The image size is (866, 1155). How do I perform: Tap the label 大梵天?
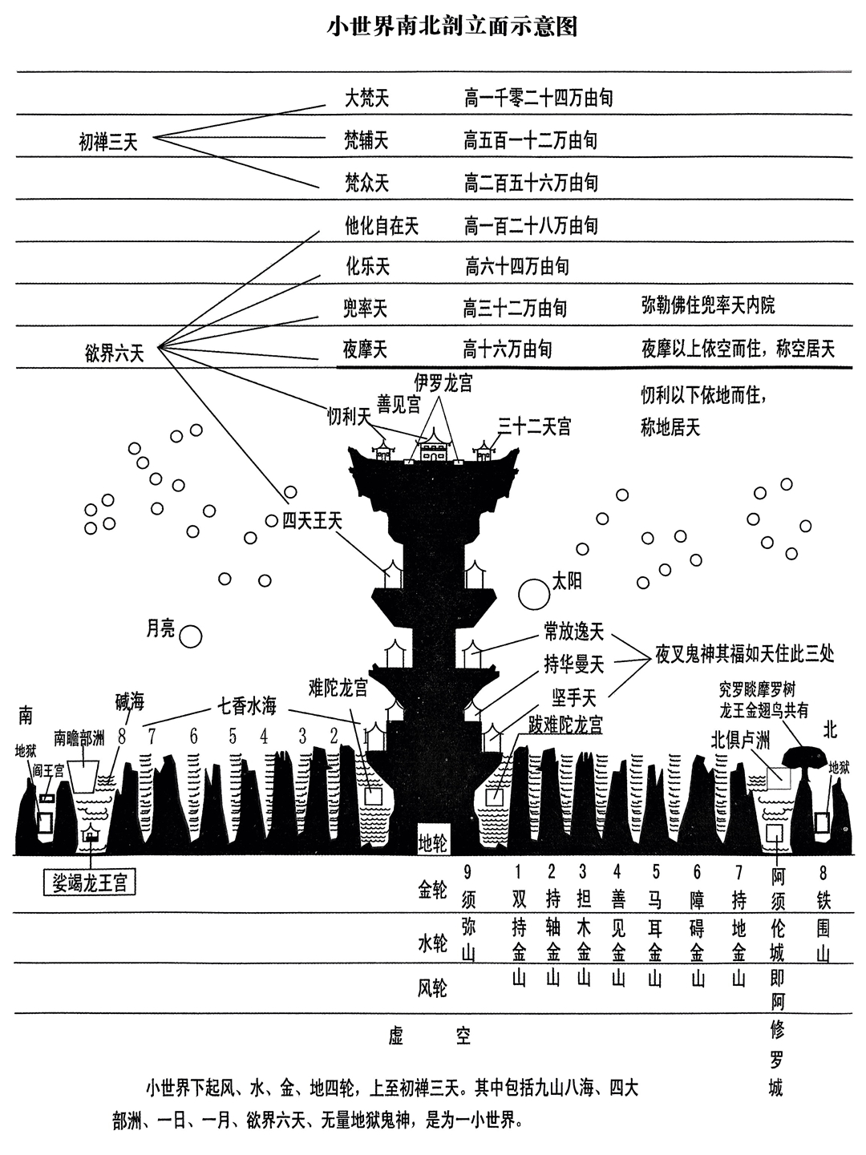click(366, 99)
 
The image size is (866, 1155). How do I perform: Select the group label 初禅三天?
click(108, 143)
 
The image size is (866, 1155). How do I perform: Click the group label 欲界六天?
click(115, 353)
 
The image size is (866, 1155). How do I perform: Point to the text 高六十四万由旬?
click(517, 265)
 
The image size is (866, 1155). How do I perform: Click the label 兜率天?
click(366, 308)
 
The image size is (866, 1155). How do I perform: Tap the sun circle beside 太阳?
click(532, 594)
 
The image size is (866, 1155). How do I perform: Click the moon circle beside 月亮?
click(190, 636)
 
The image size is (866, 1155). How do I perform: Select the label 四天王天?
click(313, 520)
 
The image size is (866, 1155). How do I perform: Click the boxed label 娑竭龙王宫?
click(90, 882)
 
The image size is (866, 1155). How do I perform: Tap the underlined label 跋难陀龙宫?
click(565, 725)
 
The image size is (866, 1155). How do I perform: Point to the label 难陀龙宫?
click(338, 687)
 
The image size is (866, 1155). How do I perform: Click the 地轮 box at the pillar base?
click(433, 842)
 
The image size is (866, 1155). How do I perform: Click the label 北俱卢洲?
click(739, 737)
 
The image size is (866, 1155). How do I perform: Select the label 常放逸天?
click(573, 634)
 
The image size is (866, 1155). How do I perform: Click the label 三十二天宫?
click(534, 426)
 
